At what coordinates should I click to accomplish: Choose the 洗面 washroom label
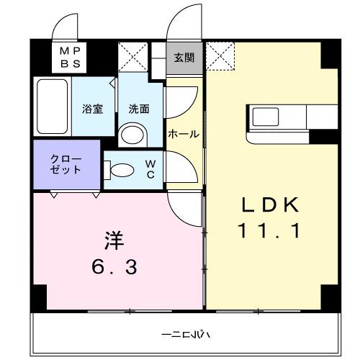[x=139, y=109]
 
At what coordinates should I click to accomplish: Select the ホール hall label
[x=184, y=134]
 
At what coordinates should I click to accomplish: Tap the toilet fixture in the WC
[x=120, y=171]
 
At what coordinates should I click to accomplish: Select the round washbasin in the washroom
[x=132, y=134]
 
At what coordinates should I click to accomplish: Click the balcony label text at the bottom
[x=185, y=335]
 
